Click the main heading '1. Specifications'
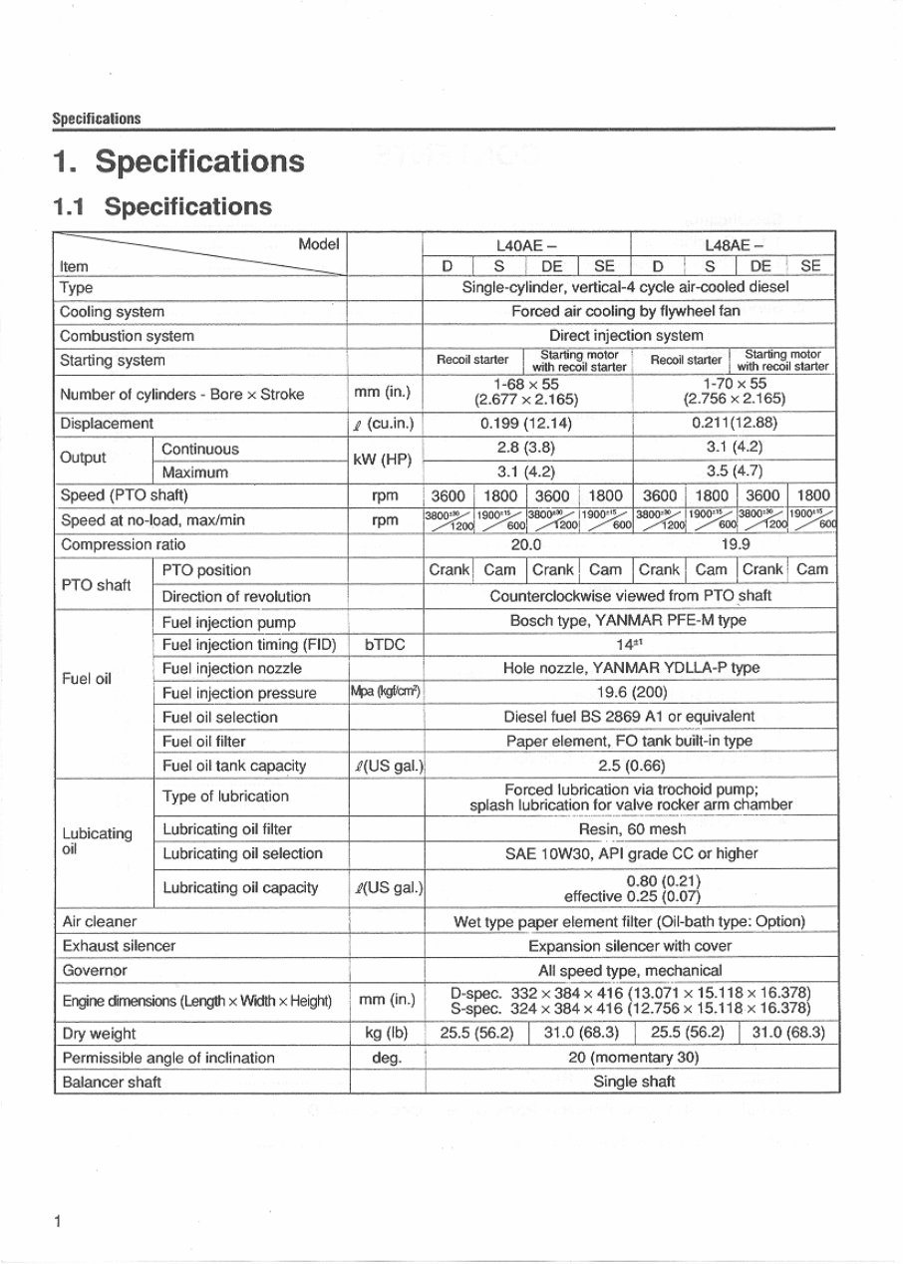click(x=178, y=161)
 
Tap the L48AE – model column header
click(x=734, y=244)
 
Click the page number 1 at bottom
click(x=59, y=1221)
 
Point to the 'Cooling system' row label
click(x=112, y=312)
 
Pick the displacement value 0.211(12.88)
click(x=734, y=424)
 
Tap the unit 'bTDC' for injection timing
click(x=385, y=645)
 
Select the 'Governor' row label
click(x=94, y=970)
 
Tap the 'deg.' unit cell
click(x=385, y=1058)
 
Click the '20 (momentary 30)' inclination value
click(x=633, y=1058)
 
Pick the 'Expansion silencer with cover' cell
click(x=630, y=946)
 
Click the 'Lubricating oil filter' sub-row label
click(x=226, y=829)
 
